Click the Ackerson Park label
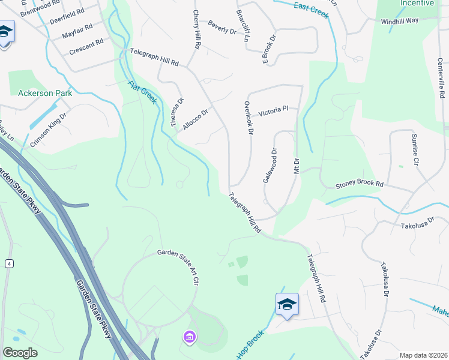coord(45,93)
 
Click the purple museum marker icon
coord(190,338)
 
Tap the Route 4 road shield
coord(9,263)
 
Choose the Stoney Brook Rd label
coord(359,183)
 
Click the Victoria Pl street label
coord(273,111)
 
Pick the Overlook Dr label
coord(249,117)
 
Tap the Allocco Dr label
coord(196,118)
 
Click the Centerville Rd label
coord(441,78)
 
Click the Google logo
coord(20,353)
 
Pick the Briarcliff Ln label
coord(243,26)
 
